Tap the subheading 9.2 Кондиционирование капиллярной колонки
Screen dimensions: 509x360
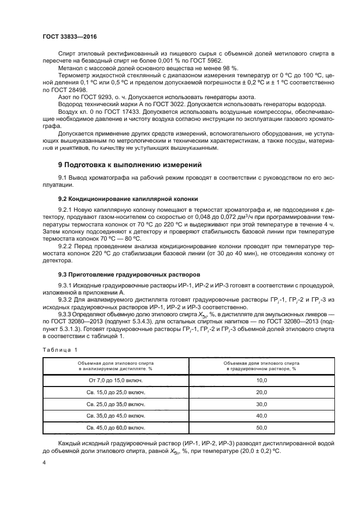click(127, 199)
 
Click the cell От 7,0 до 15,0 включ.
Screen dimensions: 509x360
click(115, 380)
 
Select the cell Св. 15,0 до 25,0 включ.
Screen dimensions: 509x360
click(115, 392)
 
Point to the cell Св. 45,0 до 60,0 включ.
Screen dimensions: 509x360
click(115, 428)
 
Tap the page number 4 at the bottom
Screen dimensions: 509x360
click(44, 462)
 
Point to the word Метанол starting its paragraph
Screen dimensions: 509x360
click(70, 68)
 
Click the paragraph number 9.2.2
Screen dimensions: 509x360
click(65, 246)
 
